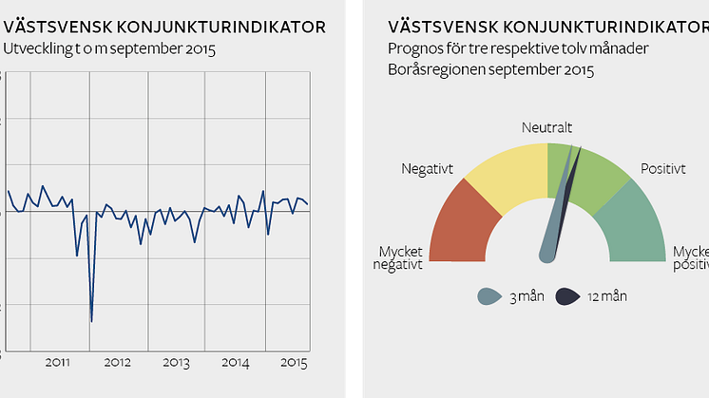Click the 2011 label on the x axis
pos(58,362)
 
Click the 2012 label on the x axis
pos(117,362)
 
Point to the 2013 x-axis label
pos(176,362)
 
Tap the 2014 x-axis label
pos(235,362)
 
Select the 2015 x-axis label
pos(292,362)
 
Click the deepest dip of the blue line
pos(91,321)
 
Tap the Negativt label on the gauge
pos(427,169)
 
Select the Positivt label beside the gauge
pos(662,169)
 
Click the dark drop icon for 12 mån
pos(567,296)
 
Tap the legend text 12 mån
pos(607,296)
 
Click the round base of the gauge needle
pos(546,254)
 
